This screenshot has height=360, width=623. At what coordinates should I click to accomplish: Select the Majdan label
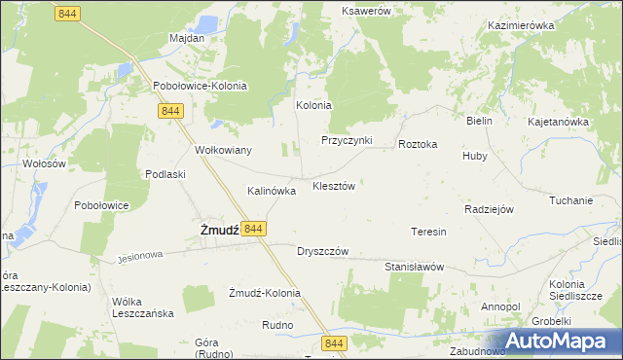pyautogui.click(x=187, y=39)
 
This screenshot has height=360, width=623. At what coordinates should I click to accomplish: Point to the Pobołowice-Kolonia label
pyautogui.click(x=201, y=86)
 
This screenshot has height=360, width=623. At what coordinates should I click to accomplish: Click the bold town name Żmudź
pyautogui.click(x=220, y=230)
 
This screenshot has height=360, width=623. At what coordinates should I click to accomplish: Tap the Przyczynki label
pyautogui.click(x=348, y=140)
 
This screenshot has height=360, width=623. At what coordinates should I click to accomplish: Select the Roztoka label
pyautogui.click(x=418, y=144)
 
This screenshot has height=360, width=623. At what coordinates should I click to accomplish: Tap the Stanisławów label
pyautogui.click(x=414, y=267)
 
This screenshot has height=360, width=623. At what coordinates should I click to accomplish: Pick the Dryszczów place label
pyautogui.click(x=322, y=251)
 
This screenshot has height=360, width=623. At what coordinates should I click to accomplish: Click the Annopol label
pyautogui.click(x=500, y=307)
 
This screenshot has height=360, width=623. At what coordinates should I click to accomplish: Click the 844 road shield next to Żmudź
pyautogui.click(x=252, y=228)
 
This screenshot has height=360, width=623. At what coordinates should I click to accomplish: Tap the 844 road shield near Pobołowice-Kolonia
pyautogui.click(x=169, y=111)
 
